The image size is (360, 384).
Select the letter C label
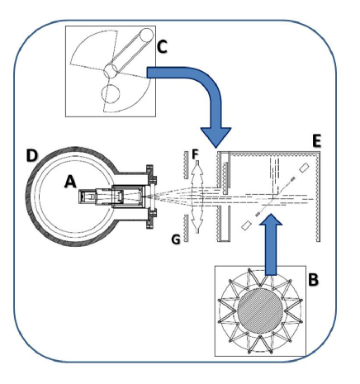[162, 48]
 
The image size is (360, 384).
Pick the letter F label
[196, 154]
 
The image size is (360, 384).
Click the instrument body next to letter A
[112, 198]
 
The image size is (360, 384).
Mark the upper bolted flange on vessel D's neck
[150, 176]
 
